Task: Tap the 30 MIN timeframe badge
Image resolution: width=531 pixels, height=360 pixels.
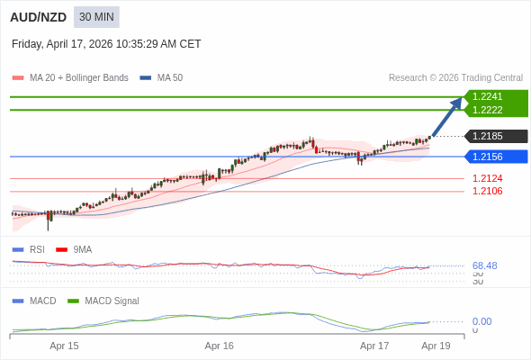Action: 96,17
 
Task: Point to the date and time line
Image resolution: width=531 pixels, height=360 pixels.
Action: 106,43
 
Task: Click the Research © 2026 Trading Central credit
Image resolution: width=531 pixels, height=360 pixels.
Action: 455,78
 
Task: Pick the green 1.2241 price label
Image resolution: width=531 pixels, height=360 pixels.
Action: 495,96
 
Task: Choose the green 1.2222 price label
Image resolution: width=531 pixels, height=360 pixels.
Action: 495,110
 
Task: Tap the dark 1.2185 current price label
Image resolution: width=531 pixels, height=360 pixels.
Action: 495,137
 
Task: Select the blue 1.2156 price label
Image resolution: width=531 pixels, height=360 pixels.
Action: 495,157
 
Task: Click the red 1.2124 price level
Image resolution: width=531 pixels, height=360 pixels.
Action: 488,178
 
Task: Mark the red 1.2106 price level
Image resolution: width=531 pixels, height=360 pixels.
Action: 488,191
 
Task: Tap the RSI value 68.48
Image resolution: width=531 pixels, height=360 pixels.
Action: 485,265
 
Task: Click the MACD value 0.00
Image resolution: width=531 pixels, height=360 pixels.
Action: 482,321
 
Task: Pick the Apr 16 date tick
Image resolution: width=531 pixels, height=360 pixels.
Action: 220,346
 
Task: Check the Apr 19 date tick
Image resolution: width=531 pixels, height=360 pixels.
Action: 436,346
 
